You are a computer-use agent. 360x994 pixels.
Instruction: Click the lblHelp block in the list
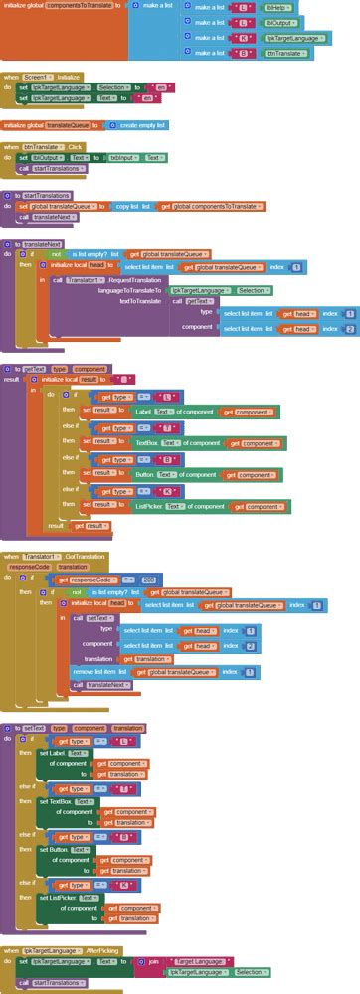click(275, 7)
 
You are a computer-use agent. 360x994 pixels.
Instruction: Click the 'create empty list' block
click(142, 125)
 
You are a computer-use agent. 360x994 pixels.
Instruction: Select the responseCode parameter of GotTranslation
click(28, 566)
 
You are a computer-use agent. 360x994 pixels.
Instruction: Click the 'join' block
click(153, 961)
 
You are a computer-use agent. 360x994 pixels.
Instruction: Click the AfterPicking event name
click(102, 950)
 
